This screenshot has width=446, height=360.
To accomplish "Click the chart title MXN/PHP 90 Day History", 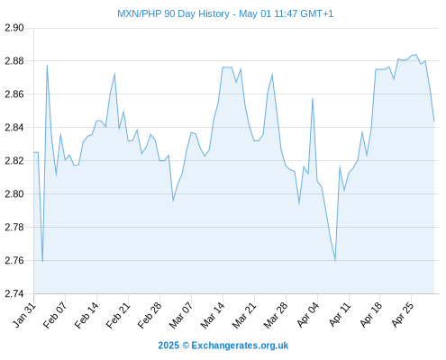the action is click(173, 13).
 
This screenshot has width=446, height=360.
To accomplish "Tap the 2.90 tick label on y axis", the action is click(14, 28).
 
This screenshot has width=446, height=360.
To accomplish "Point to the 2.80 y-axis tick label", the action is click(14, 194).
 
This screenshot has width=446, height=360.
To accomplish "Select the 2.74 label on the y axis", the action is click(14, 293).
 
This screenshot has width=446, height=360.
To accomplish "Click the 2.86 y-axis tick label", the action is click(14, 94).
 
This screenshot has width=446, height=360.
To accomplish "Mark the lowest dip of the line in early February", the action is click(42, 261).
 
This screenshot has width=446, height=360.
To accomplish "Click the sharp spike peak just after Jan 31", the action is click(47, 65).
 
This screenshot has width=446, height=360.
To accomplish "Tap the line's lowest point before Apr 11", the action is click(335, 261).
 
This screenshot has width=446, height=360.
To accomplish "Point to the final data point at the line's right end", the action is click(434, 121).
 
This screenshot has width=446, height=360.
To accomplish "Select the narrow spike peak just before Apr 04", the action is click(313, 98).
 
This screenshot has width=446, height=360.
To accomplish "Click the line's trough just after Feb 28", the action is click(173, 201).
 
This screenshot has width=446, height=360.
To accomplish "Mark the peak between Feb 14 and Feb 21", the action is click(114, 74).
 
